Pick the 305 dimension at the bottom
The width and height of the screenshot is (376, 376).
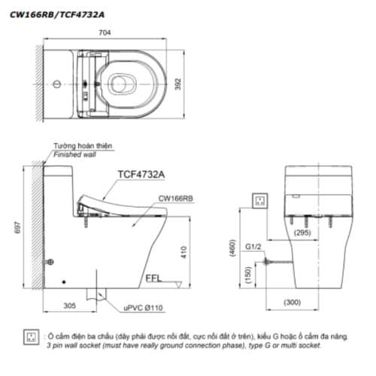coord(70,306)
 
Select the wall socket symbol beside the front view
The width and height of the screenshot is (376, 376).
coord(261,200)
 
